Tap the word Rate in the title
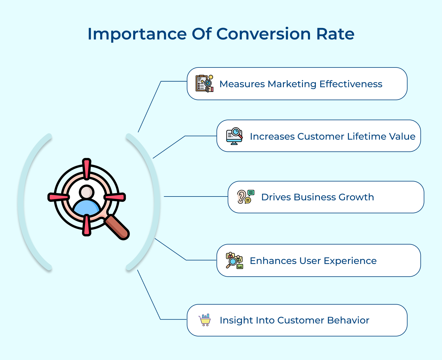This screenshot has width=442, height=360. (x=335, y=34)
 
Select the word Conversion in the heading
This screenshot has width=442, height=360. (x=263, y=34)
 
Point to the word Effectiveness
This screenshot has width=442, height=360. (x=351, y=84)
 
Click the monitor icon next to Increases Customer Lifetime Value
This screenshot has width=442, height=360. (x=234, y=136)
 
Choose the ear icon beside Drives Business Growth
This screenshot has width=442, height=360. (x=245, y=197)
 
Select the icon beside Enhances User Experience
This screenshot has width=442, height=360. (x=234, y=260)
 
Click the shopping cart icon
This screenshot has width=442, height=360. (x=204, y=320)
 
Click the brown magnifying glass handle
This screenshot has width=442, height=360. (x=118, y=227)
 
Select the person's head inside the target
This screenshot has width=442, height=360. (x=87, y=192)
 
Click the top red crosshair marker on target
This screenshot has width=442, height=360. (x=86, y=169)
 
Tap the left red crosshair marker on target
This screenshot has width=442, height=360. (x=59, y=197)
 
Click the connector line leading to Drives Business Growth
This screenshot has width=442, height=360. (x=196, y=196)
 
